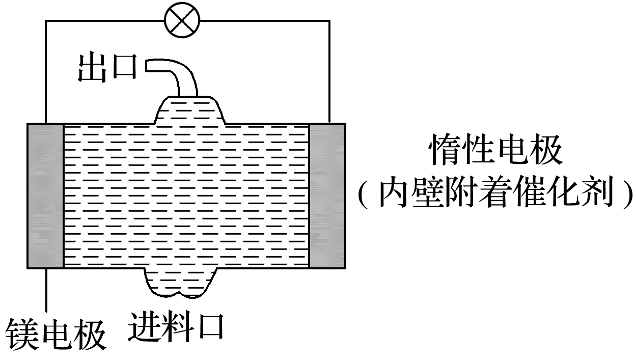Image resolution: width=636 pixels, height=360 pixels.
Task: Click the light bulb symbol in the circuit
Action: coord(182,20)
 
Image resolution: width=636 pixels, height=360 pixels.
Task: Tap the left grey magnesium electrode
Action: coord(45,196)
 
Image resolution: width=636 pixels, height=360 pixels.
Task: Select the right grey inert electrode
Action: coord(327,196)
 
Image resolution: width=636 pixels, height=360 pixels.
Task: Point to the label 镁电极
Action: coord(56,335)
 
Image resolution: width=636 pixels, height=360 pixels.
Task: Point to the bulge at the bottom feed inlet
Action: coord(181,283)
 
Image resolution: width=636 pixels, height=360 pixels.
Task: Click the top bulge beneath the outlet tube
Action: coord(188,109)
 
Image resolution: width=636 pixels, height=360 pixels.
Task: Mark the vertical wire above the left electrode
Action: coord(46,71)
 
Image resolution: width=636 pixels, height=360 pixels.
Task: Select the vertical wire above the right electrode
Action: coord(329,71)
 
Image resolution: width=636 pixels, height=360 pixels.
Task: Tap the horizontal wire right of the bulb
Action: coord(265,21)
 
